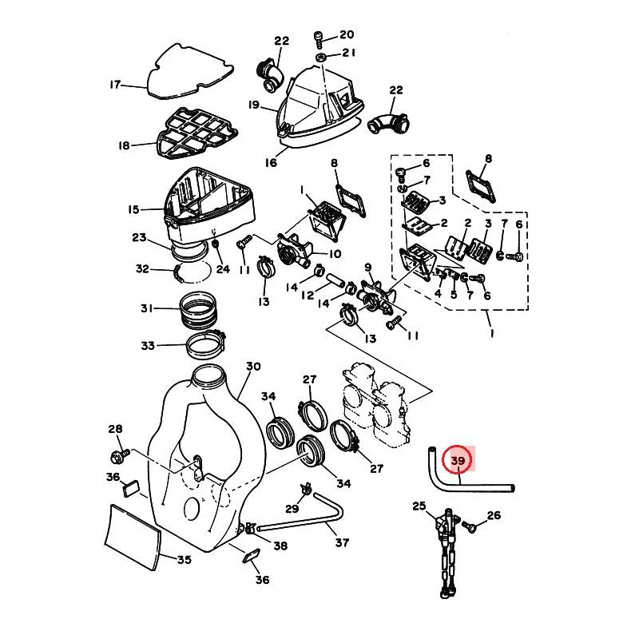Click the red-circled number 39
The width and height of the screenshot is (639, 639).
pyautogui.click(x=458, y=461)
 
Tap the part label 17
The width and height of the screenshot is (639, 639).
pyautogui.click(x=115, y=85)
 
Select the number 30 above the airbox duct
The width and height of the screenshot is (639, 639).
pyautogui.click(x=253, y=367)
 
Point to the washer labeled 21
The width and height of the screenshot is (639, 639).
pyautogui.click(x=320, y=56)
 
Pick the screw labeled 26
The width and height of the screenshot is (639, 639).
pyautogui.click(x=470, y=526)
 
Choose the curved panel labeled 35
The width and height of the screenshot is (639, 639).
pyautogui.click(x=133, y=537)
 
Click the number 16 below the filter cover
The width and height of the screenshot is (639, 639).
pyautogui.click(x=271, y=163)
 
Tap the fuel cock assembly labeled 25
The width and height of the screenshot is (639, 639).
pyautogui.click(x=447, y=550)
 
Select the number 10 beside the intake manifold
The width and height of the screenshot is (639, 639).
pyautogui.click(x=334, y=254)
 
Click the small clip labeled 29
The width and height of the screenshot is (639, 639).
pyautogui.click(x=306, y=488)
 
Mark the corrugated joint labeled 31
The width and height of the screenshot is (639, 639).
pyautogui.click(x=199, y=310)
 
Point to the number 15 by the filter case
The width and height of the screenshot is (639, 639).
pyautogui.click(x=133, y=209)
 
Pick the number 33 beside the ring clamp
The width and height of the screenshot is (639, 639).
pyautogui.click(x=148, y=346)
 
